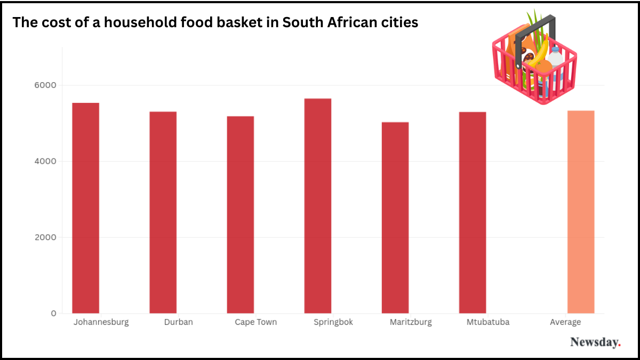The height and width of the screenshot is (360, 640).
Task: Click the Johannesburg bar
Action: [x=86, y=208]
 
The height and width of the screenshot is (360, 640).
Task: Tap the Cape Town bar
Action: [x=241, y=214]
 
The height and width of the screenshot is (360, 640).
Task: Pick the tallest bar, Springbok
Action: [x=318, y=206]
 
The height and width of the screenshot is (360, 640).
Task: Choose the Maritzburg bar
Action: [x=395, y=218]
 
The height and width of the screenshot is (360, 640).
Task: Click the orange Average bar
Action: [x=581, y=212]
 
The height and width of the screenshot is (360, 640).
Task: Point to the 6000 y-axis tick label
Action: [x=46, y=85]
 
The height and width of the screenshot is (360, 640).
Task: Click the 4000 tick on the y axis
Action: [x=46, y=161]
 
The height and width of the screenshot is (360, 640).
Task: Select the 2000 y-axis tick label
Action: [x=46, y=237]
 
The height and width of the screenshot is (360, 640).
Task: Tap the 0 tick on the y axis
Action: [x=53, y=313]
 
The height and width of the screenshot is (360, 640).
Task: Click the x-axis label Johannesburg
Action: [x=101, y=322]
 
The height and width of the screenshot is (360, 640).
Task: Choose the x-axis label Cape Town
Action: [x=256, y=322]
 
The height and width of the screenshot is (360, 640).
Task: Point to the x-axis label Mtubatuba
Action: [x=488, y=322]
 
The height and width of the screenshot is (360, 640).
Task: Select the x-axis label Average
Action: [x=565, y=322]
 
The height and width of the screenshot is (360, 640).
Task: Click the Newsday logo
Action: [x=595, y=342]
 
